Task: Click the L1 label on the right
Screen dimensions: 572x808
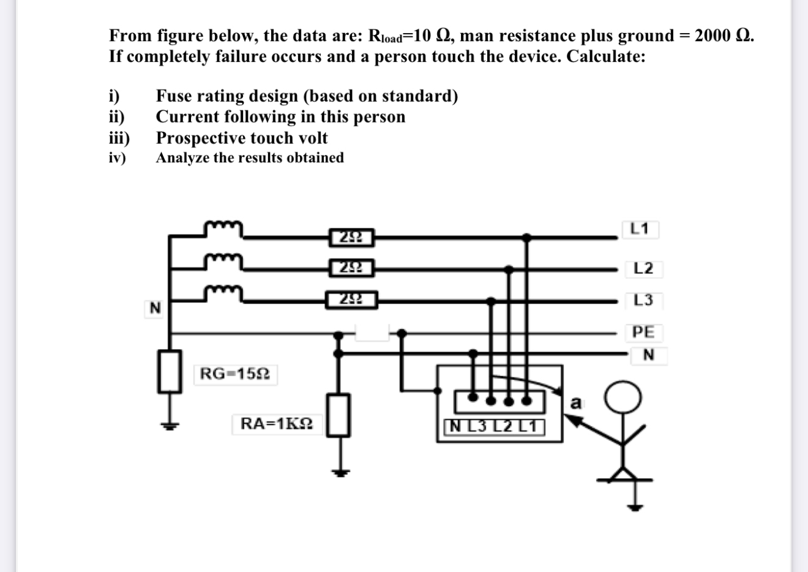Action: (x=639, y=230)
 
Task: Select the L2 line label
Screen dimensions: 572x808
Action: (x=643, y=268)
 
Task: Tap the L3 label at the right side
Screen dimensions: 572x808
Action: (x=643, y=300)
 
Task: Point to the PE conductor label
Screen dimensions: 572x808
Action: (x=643, y=332)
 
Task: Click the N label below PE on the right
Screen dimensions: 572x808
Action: (x=648, y=355)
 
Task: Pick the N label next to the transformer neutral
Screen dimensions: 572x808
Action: (x=155, y=308)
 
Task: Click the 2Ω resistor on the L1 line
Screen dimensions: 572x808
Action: (x=351, y=236)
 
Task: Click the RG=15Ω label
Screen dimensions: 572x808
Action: (x=236, y=374)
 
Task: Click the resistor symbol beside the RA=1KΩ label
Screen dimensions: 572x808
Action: (x=338, y=415)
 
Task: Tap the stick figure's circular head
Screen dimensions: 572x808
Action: (x=623, y=398)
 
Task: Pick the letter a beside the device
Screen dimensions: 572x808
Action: (x=575, y=403)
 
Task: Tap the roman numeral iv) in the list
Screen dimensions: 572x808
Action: (x=117, y=158)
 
